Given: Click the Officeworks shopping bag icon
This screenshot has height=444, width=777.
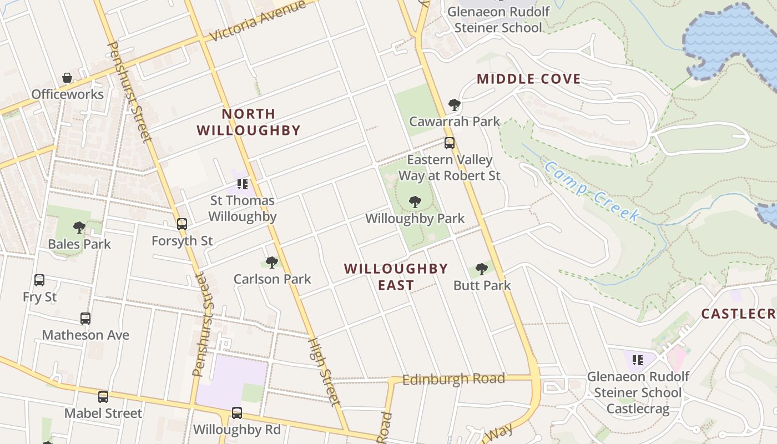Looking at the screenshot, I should (67, 78).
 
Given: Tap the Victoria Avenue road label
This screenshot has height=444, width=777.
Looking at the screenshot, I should (258, 22).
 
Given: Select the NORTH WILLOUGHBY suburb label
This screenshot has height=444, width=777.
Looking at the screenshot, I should (249, 122).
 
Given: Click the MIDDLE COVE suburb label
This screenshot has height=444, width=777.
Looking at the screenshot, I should (528, 79).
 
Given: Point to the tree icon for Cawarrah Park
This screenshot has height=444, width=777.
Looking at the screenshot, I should (454, 104).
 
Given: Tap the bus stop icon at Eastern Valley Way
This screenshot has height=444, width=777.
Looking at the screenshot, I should (449, 143).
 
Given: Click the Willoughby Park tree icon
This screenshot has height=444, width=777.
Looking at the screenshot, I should (415, 202).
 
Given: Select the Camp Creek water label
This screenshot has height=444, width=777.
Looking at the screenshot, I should (592, 191).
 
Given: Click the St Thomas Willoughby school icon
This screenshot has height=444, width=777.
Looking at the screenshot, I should (242, 184).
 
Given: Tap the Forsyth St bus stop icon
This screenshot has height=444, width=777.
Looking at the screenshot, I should (182, 224).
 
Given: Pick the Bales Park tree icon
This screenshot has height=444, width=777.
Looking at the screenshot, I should (79, 227).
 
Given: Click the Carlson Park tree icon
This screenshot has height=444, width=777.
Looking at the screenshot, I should (271, 262).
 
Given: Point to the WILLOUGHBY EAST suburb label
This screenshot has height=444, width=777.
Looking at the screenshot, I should (396, 277).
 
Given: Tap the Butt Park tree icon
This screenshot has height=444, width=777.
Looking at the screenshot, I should (481, 269).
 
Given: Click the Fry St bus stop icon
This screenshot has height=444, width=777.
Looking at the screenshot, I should (39, 280).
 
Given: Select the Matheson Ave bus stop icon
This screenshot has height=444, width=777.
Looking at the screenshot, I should (85, 319).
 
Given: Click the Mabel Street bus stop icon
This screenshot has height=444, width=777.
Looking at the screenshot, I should (103, 397).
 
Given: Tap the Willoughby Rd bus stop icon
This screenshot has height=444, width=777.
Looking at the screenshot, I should (237, 413).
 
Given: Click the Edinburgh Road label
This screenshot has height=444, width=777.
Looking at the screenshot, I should (453, 380).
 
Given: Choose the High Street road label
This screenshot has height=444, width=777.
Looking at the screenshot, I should (323, 372).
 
